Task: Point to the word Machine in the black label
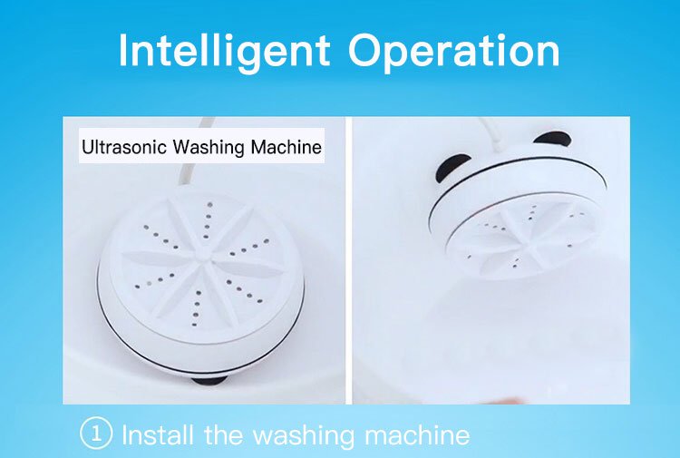pyautogui.click(x=287, y=148)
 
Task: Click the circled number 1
pyautogui.click(x=96, y=433)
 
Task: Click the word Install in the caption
pyautogui.click(x=158, y=434)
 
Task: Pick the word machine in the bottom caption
pyautogui.click(x=417, y=434)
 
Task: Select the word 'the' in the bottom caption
pyautogui.click(x=222, y=434)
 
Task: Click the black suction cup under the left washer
pyautogui.click(x=209, y=380)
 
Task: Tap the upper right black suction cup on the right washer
pyautogui.click(x=551, y=139)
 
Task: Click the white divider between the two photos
pyautogui.click(x=349, y=260)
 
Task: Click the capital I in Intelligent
pyautogui.click(x=122, y=50)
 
